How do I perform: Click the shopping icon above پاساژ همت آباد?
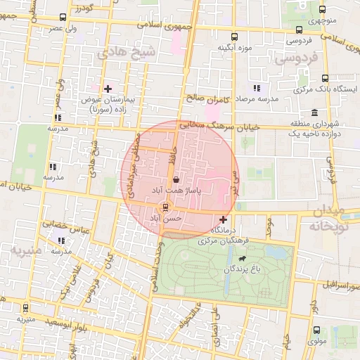click(174, 179)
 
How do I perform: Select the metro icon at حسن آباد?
click(166, 207)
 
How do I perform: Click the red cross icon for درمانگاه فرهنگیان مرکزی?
click(224, 220)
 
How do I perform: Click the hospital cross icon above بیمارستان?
click(108, 89)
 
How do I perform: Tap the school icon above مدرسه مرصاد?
click(256, 89)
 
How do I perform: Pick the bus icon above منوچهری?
click(322, 10)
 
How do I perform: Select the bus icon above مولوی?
click(316, 329)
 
